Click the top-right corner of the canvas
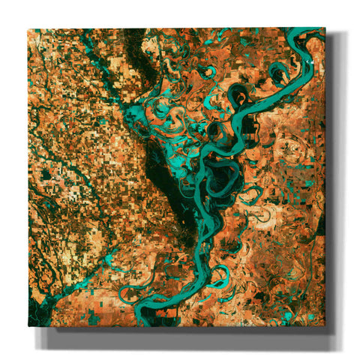point(325,28)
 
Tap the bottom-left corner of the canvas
point(28,327)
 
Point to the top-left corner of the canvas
point(28,29)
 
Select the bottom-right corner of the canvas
point(325,326)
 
